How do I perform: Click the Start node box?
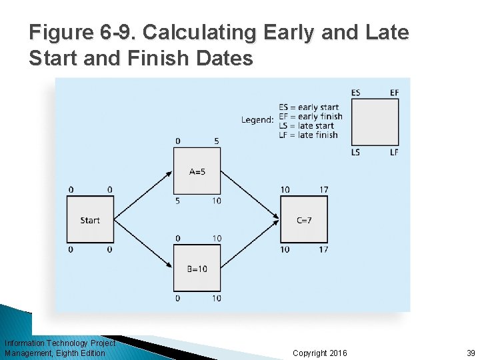coord(90,219)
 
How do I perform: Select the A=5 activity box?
coord(197,171)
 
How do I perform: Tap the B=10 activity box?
coord(197,268)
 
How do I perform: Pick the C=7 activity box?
coord(303,219)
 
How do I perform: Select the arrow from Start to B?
coord(143,244)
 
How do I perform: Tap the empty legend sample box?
coord(375,122)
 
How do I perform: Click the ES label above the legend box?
coord(355,93)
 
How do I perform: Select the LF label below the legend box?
coord(394,153)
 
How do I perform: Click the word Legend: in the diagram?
coord(257,120)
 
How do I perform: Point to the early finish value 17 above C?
coord(323,190)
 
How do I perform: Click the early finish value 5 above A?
coord(217,141)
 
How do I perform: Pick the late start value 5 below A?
coord(177,201)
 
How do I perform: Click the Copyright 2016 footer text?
coord(319,353)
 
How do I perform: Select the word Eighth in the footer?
coord(67,353)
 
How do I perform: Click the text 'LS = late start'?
coord(306,126)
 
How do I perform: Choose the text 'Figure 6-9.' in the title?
coord(83,33)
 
